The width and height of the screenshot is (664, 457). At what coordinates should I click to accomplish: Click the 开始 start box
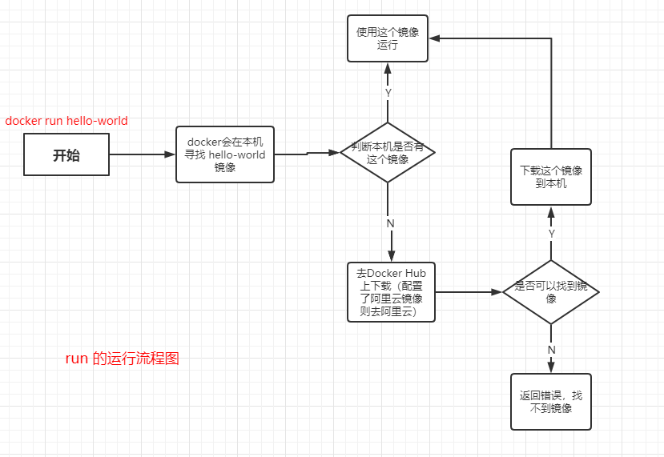pos(66,154)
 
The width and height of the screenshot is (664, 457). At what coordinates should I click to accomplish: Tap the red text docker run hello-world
pos(66,121)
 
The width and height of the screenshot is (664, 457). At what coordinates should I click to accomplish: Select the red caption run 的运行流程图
pos(123,359)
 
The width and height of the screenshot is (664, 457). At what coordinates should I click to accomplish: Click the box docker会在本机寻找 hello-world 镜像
pos(225,154)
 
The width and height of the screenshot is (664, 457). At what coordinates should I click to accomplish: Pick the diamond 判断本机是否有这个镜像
pos(388,153)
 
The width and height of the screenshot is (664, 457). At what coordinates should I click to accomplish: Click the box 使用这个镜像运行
pos(388,38)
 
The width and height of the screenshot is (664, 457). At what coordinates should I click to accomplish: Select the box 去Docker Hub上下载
pos(391,292)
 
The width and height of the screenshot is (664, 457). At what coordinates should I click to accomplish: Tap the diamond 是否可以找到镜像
pos(550,292)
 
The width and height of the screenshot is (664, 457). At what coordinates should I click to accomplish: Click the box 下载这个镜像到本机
pos(551,177)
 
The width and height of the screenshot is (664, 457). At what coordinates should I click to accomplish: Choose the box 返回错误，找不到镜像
pos(551,402)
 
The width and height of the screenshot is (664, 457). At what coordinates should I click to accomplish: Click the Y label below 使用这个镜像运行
pos(388,93)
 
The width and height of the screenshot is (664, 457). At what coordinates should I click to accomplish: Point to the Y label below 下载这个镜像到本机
pos(551,234)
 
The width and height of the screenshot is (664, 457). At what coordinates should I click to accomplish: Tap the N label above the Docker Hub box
pos(390,223)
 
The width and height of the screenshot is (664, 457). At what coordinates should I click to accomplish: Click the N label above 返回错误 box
pos(551,350)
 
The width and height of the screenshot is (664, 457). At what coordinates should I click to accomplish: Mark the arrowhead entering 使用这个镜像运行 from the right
pos(434,38)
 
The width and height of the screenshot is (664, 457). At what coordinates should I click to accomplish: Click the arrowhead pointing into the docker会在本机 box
pos(170,154)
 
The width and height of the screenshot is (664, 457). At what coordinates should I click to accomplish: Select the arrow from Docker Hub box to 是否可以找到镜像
pos(469,292)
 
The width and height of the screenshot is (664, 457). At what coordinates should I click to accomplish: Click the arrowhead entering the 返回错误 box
pos(551,367)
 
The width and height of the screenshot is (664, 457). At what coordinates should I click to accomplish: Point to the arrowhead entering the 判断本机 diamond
pos(335,152)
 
